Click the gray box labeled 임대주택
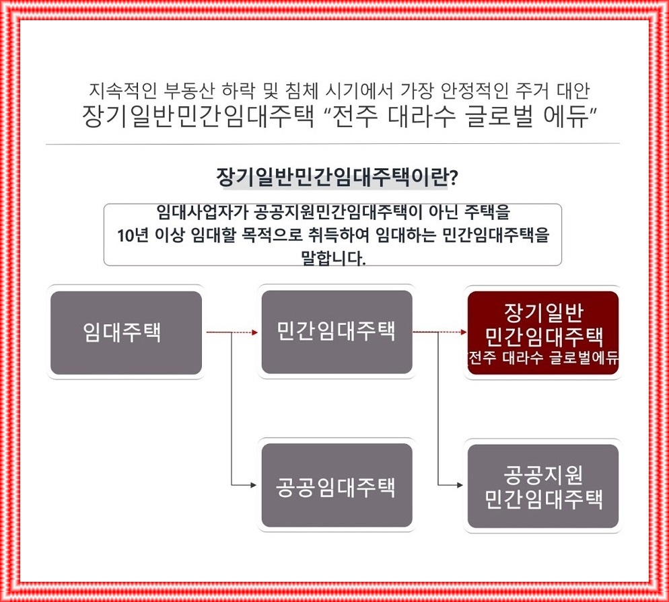click(x=126, y=332)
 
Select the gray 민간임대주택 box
click(x=337, y=332)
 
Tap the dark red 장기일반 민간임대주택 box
click(x=542, y=332)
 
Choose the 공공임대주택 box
click(x=337, y=485)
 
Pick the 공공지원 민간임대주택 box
click(x=542, y=485)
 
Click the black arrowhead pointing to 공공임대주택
click(x=254, y=485)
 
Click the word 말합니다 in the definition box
click(x=332, y=258)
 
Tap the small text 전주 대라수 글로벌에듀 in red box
click(x=542, y=357)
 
